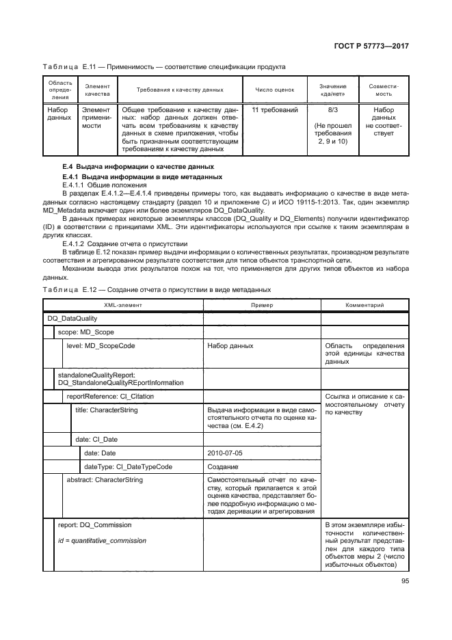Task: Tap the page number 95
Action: coord(401,583)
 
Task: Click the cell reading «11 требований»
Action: coord(275,109)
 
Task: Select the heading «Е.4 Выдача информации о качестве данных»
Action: coord(137,168)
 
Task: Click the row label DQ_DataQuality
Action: coord(72,318)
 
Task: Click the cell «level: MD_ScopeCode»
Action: coord(100,346)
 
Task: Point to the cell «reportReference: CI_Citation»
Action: coord(109,396)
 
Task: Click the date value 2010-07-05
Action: coord(224,453)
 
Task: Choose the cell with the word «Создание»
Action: coord(222,466)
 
